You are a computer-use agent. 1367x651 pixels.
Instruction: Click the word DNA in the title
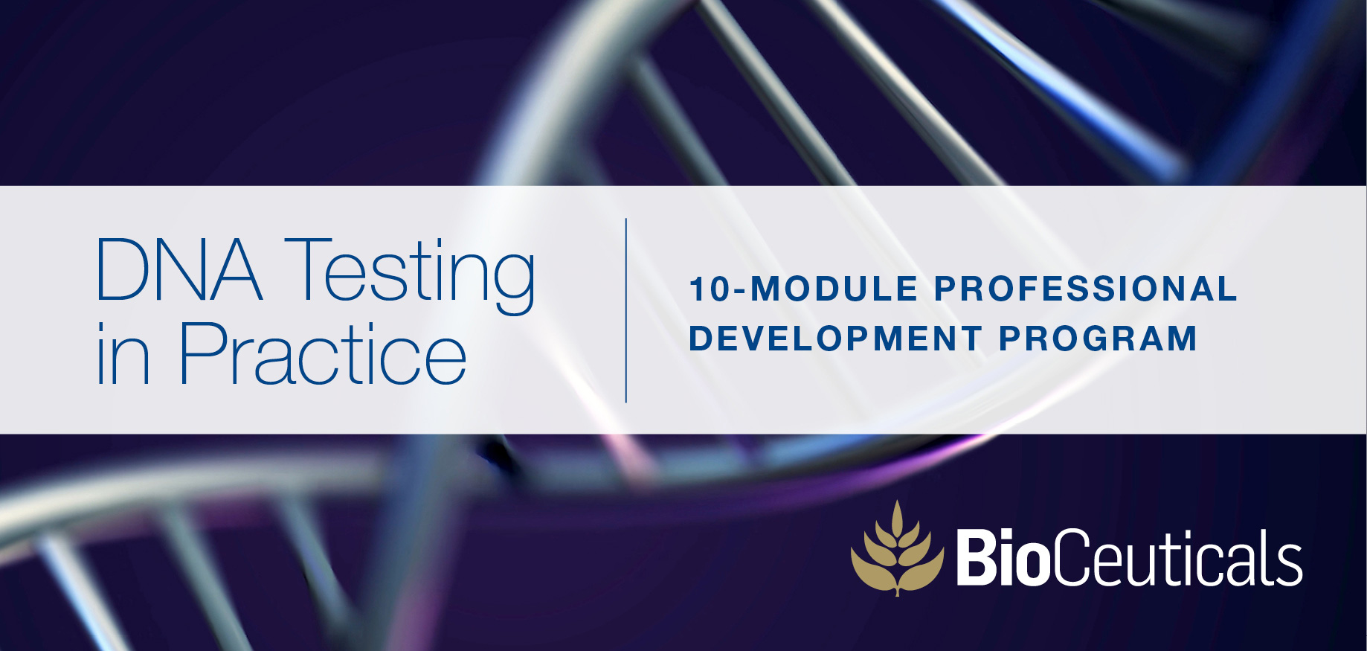(x=179, y=269)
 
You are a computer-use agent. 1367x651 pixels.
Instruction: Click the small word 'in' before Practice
(x=123, y=354)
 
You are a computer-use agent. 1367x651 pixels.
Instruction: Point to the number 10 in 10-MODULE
(x=712, y=289)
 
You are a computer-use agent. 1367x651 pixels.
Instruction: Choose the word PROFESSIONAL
(x=1085, y=289)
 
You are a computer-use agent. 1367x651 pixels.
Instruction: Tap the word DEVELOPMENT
(x=835, y=339)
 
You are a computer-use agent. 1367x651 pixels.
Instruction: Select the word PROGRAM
(x=1098, y=339)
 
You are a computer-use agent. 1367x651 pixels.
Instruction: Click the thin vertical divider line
(x=626, y=310)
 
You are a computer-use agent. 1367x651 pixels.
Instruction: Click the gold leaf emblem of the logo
(x=898, y=549)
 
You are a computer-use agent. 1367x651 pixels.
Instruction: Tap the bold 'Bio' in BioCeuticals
(x=1003, y=558)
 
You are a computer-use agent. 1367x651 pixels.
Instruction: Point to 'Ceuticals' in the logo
(x=1177, y=558)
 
